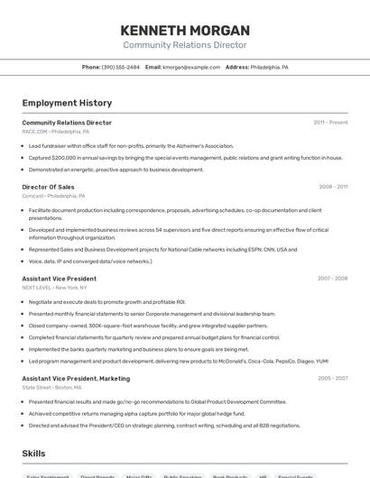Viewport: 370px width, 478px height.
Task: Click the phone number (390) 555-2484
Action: [121, 67]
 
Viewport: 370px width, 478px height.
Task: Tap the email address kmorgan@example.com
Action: [191, 67]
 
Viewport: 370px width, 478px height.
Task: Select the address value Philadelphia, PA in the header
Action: [269, 67]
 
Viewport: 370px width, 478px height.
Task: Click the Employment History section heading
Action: [67, 103]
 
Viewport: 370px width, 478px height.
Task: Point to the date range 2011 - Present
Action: [330, 122]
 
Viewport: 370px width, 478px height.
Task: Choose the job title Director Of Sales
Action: [48, 187]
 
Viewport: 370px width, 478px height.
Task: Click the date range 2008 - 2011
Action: [333, 187]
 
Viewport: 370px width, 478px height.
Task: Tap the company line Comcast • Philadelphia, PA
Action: [53, 196]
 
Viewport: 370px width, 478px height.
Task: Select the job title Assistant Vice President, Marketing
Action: [76, 379]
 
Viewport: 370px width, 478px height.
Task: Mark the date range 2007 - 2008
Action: [332, 279]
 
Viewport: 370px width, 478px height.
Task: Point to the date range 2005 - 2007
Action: [332, 379]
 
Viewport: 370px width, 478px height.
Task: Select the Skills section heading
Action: [33, 453]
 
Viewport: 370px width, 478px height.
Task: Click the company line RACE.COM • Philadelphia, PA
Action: [56, 131]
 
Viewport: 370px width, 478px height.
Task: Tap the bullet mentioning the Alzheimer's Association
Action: [131, 145]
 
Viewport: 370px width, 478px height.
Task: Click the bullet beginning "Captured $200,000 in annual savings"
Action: [185, 157]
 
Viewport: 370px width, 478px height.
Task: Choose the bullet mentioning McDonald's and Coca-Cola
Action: [178, 361]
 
